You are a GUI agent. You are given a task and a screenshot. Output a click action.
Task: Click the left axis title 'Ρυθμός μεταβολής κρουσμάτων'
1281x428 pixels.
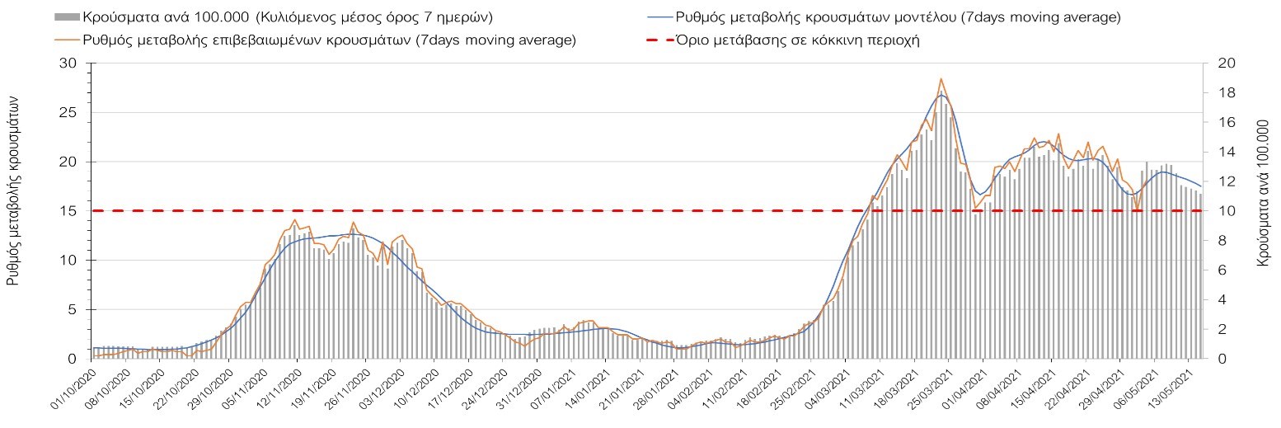click(x=13, y=190)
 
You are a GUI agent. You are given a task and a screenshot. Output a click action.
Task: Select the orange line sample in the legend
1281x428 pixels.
click(x=67, y=40)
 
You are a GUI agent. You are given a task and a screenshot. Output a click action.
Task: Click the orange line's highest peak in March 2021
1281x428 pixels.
click(x=941, y=79)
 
